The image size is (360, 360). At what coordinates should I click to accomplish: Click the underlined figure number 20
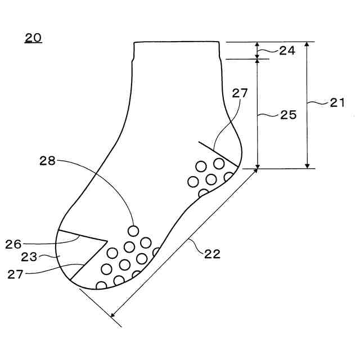[33, 39]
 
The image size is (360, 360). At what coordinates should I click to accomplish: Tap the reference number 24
[287, 51]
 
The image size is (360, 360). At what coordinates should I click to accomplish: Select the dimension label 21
[337, 102]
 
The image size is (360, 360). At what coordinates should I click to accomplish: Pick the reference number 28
[48, 160]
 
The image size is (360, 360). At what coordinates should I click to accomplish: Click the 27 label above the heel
[240, 93]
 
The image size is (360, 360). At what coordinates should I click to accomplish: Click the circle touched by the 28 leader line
[133, 231]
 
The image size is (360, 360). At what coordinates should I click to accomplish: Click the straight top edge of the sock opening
[176, 42]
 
